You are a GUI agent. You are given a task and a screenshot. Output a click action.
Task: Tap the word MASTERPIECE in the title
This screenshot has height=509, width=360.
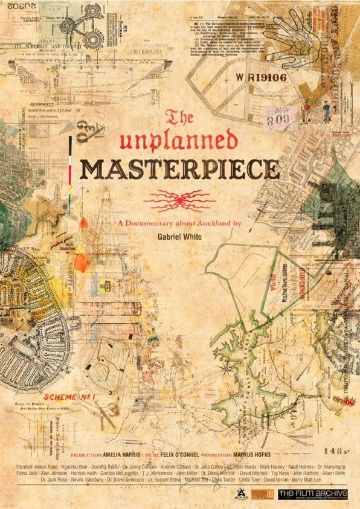(x=179, y=169)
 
